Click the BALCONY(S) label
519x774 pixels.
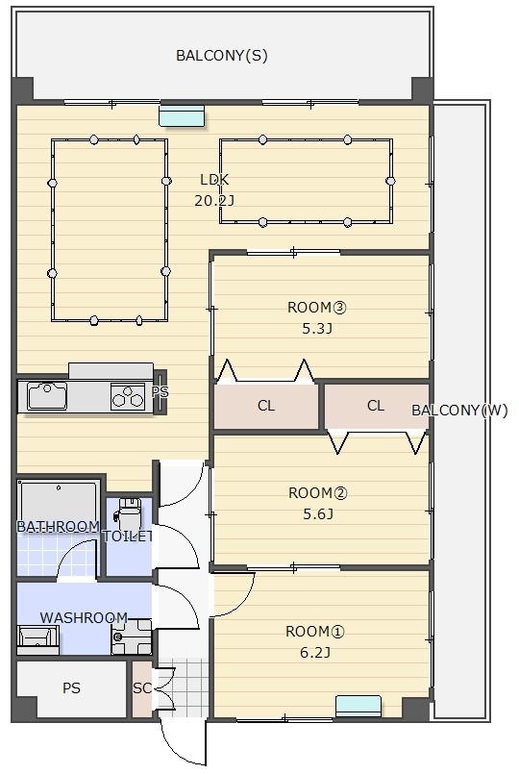[x=221, y=56]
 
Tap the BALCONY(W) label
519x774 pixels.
[x=459, y=411]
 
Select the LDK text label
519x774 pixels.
[x=214, y=180]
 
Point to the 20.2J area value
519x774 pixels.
[x=214, y=200]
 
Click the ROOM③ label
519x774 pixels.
[x=317, y=308]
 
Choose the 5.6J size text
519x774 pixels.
[x=318, y=514]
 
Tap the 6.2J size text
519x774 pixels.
[x=315, y=653]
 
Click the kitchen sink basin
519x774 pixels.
[x=47, y=396]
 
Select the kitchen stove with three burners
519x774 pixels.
[x=128, y=396]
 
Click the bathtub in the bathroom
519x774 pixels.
[x=59, y=504]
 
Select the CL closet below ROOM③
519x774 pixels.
[x=266, y=407]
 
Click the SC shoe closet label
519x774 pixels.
[x=142, y=688]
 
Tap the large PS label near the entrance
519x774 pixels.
[x=71, y=688]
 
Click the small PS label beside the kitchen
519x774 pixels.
[x=160, y=392]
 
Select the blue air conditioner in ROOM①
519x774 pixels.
[x=358, y=706]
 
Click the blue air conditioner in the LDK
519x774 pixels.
[x=182, y=116]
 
